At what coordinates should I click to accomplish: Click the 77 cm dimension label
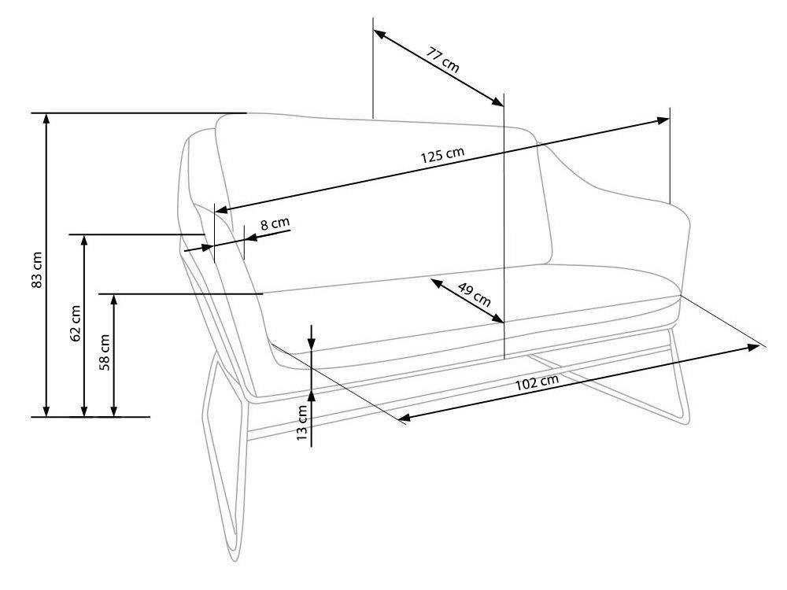pyautogui.click(x=443, y=61)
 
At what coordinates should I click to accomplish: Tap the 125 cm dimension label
pyautogui.click(x=442, y=155)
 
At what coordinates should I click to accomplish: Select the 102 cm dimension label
pyautogui.click(x=539, y=382)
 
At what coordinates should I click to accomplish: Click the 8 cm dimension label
pyautogui.click(x=275, y=224)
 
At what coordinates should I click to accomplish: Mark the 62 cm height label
pyautogui.click(x=76, y=323)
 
